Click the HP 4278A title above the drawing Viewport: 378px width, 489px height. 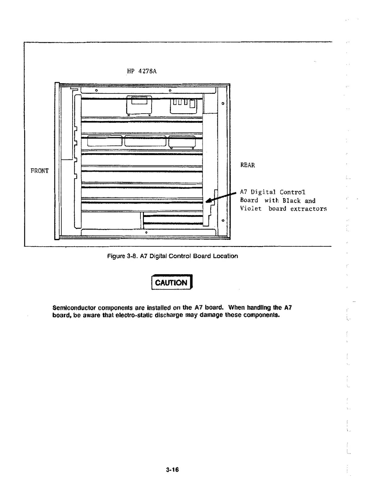tap(142, 71)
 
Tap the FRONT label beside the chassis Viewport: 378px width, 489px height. tap(40, 171)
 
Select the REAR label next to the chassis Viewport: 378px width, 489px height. tap(248, 165)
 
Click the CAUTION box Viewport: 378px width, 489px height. tap(171, 282)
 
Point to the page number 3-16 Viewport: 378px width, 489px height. tap(172, 470)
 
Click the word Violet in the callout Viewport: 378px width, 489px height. tap(251, 208)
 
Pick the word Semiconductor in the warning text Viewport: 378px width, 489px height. tap(74, 308)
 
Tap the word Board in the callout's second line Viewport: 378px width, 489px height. tap(249, 201)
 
